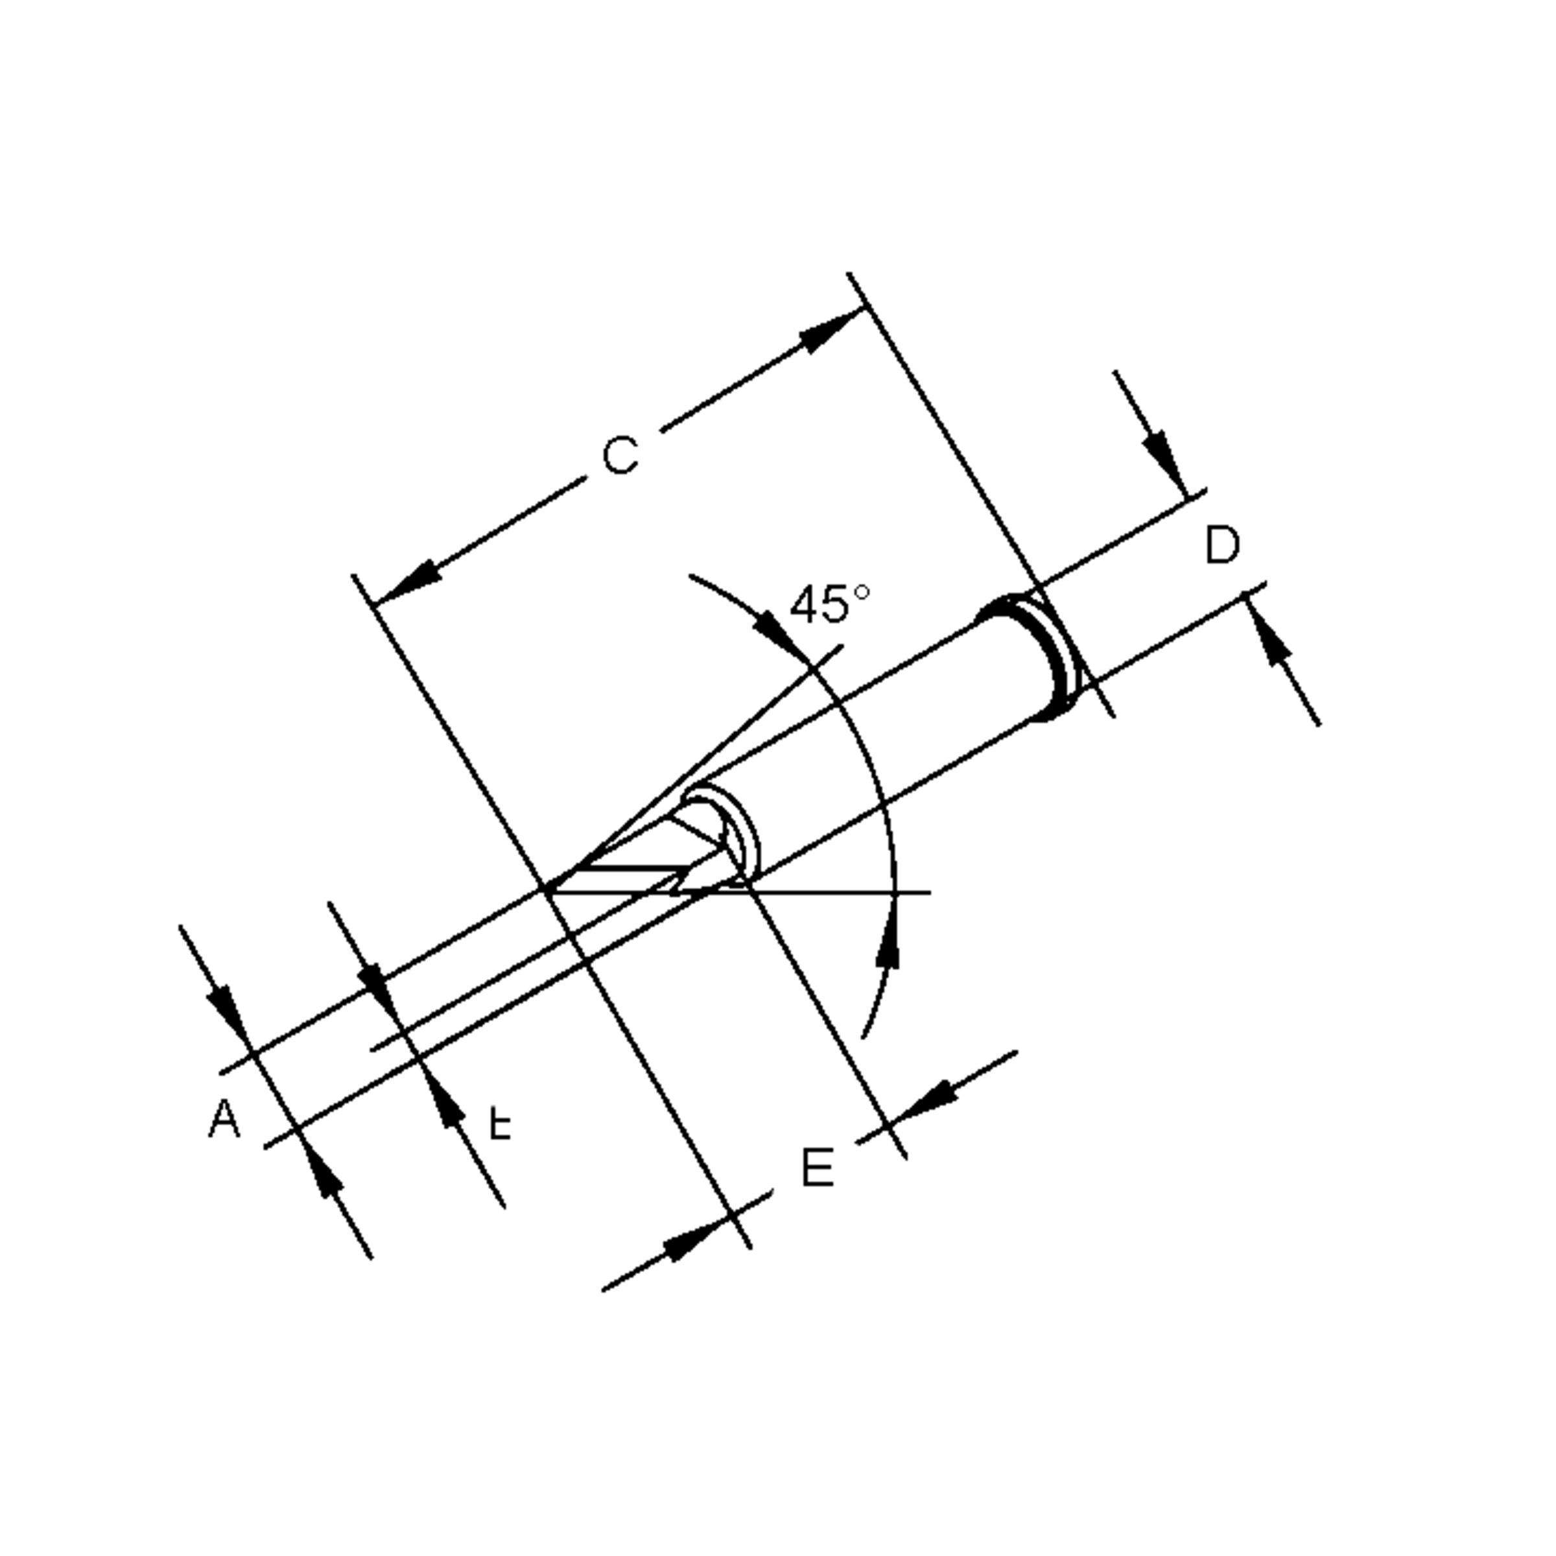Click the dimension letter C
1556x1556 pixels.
[620, 456]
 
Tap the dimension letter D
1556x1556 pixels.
[1221, 545]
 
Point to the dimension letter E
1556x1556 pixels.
[818, 1168]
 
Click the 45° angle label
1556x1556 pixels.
[830, 604]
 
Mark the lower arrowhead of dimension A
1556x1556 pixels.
[322, 1172]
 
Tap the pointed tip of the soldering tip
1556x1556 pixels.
[548, 890]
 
